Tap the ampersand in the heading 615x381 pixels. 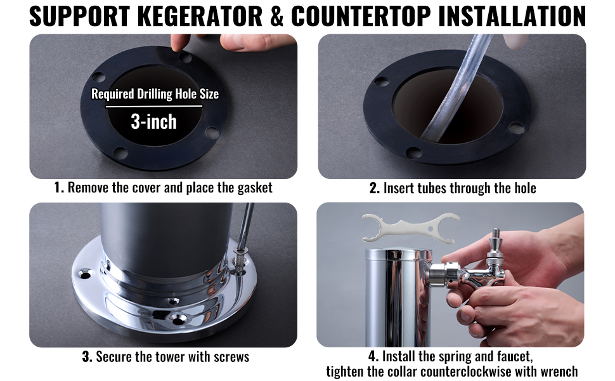277,16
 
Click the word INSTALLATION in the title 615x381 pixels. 512,16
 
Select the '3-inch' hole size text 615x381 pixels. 153,122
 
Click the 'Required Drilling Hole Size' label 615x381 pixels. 155,94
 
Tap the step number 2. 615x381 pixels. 375,188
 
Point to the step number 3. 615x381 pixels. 87,357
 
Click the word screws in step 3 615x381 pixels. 231,358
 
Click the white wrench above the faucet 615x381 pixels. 410,228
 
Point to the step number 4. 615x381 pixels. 373,357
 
